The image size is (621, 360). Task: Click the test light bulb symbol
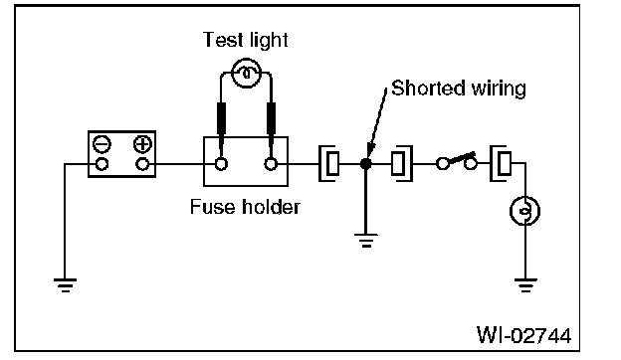point(246,74)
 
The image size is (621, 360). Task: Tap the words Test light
point(246,40)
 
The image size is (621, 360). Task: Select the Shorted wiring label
point(459,89)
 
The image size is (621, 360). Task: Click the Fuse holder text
point(245,207)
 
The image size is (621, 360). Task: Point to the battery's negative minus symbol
point(102,144)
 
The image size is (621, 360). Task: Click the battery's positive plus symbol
point(142,144)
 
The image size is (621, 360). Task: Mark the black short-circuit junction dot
point(365,164)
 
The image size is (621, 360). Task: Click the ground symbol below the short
point(366,241)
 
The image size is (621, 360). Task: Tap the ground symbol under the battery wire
point(66,285)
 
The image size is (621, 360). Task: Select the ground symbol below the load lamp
point(525,285)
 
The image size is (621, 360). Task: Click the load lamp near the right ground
point(525,211)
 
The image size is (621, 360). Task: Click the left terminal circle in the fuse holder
point(221,164)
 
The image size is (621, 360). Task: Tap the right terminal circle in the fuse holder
point(271,164)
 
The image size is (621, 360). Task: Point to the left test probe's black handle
point(221,118)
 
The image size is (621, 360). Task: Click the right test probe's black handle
point(272,118)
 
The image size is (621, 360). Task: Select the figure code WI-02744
point(523,335)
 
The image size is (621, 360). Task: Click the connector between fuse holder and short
point(329,164)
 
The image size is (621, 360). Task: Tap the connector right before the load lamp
point(501,164)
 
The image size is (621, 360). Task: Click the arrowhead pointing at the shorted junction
point(370,151)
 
